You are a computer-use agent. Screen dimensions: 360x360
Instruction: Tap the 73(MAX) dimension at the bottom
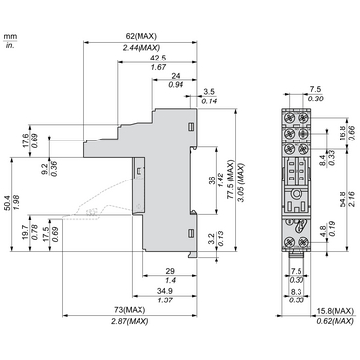tap(128, 310)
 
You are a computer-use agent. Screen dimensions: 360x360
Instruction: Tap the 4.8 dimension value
tap(322, 232)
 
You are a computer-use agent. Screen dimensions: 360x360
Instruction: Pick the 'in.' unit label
tap(10, 44)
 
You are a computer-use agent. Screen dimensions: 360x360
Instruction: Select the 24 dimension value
tap(176, 75)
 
